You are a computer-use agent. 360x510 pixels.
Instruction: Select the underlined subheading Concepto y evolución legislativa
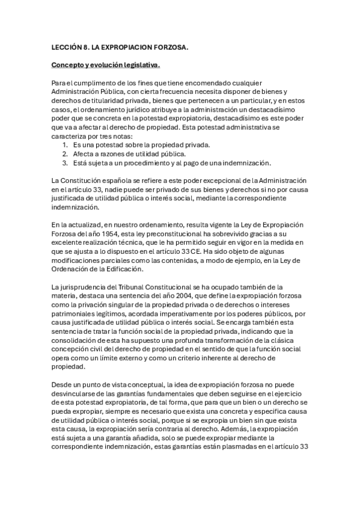pos(105,64)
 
